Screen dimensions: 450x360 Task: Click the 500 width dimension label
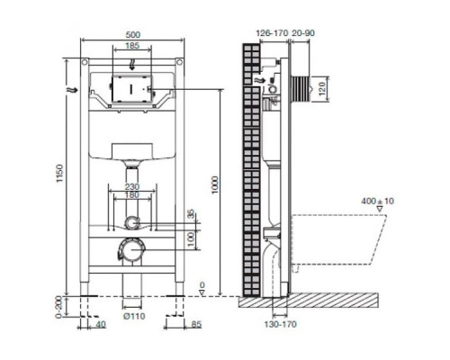(x=132, y=35)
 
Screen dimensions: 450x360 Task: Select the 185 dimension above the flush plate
(x=132, y=46)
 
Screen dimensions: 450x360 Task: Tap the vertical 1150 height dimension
(x=60, y=174)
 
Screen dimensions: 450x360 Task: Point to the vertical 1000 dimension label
(x=215, y=185)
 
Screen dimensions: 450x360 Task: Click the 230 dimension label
(x=132, y=187)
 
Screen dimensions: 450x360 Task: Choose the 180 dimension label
(x=132, y=195)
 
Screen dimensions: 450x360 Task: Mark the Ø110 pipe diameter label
(x=134, y=316)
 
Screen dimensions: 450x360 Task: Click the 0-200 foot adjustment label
(x=58, y=307)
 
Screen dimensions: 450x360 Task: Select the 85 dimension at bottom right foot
(x=196, y=325)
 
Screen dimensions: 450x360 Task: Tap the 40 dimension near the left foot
(x=101, y=325)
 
